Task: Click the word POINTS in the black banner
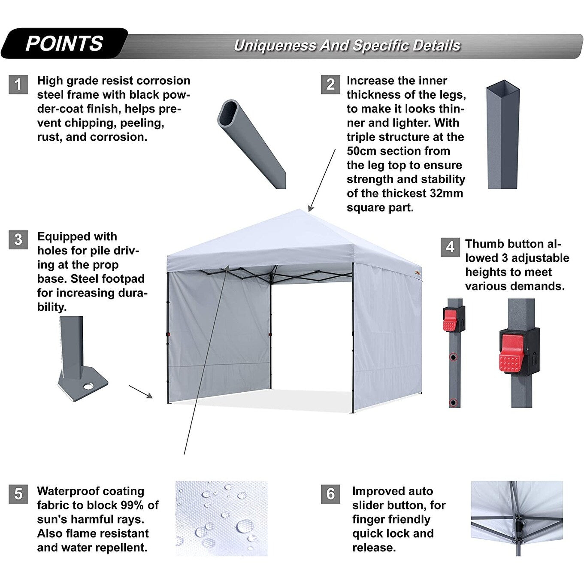pyautogui.click(x=64, y=43)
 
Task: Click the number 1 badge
pyautogui.click(x=18, y=84)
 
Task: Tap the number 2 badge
pyautogui.click(x=330, y=84)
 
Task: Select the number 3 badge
pyautogui.click(x=18, y=239)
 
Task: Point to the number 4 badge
pyautogui.click(x=450, y=247)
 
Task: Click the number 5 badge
pyautogui.click(x=18, y=494)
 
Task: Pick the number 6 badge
pyautogui.click(x=330, y=494)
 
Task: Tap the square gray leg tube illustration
pyautogui.click(x=502, y=135)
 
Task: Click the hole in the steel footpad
pyautogui.click(x=88, y=386)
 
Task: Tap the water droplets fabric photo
pyautogui.click(x=221, y=518)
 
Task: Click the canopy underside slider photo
pyautogui.click(x=517, y=518)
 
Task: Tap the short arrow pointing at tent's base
pyautogui.click(x=141, y=391)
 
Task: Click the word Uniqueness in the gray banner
pyautogui.click(x=275, y=45)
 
